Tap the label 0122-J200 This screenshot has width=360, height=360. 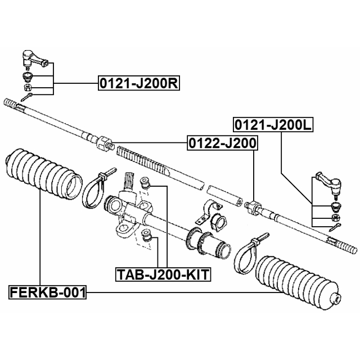click(222, 144)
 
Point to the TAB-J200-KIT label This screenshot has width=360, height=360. click(163, 274)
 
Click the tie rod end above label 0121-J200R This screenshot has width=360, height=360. click(33, 58)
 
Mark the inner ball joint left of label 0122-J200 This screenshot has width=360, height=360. click(105, 144)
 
